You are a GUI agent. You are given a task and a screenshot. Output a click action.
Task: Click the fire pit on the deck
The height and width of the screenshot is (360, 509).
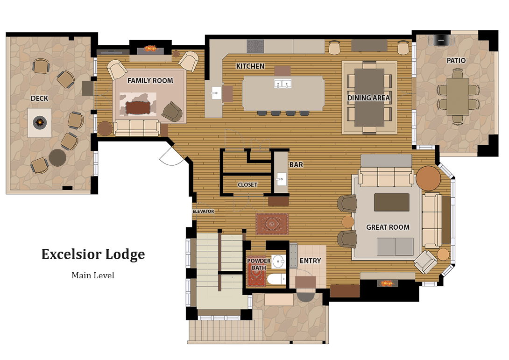pyautogui.click(x=39, y=123)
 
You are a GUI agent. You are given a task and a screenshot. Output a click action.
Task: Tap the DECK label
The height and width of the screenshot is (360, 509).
pyautogui.click(x=39, y=98)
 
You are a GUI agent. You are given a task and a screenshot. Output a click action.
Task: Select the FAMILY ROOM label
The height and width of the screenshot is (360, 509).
pyautogui.click(x=150, y=81)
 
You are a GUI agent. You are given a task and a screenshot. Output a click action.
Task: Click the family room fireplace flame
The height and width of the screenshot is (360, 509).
pyautogui.click(x=150, y=48)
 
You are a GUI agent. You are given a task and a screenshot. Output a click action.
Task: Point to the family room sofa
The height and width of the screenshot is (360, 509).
pyautogui.click(x=137, y=127)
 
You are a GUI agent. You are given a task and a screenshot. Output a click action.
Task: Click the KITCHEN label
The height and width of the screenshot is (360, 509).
pyautogui.click(x=250, y=66)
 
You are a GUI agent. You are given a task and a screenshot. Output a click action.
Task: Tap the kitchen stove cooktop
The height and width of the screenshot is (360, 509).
pyautogui.click(x=255, y=46)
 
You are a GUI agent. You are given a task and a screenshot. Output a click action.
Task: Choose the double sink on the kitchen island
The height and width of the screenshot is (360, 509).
pyautogui.click(x=282, y=85)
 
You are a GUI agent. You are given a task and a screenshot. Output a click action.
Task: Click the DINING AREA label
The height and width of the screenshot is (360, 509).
pyautogui.click(x=368, y=98)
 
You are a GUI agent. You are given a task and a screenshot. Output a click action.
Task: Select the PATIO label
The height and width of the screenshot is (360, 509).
pyautogui.click(x=456, y=61)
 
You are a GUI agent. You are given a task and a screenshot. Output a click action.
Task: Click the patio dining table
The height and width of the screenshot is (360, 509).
pyautogui.click(x=457, y=97)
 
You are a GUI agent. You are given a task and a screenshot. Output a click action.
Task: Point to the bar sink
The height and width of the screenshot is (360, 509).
pyautogui.click(x=281, y=179)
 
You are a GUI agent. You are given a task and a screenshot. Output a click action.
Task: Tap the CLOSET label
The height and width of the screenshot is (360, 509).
pyautogui.click(x=247, y=185)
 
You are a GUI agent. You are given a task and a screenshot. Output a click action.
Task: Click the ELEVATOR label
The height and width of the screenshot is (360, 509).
pyautogui.click(x=203, y=212)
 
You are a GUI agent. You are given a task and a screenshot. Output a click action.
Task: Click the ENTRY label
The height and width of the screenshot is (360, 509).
pyautogui.click(x=310, y=261)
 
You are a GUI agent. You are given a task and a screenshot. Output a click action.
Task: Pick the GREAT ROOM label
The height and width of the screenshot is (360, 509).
pyautogui.click(x=388, y=227)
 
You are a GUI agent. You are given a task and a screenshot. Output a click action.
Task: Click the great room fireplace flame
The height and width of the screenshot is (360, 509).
pyautogui.click(x=387, y=283)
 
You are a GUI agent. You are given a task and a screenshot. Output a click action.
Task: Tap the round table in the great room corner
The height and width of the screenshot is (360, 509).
pyautogui.click(x=428, y=178)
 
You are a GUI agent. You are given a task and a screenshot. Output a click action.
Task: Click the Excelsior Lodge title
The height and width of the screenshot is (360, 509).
pyautogui.click(x=93, y=254)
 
